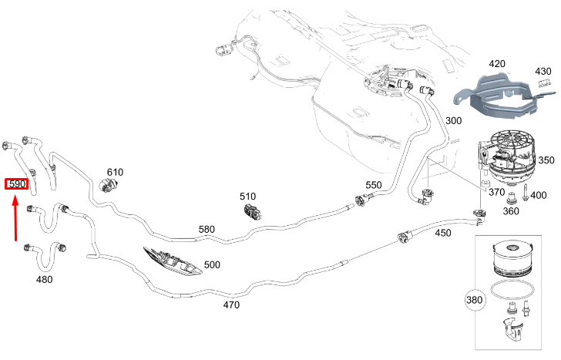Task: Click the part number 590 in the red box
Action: click(17, 184)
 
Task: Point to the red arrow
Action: click(15, 217)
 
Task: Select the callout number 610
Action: click(116, 172)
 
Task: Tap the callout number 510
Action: click(247, 197)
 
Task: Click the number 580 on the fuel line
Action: click(207, 229)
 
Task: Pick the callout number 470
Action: click(231, 305)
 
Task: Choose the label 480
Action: click(45, 279)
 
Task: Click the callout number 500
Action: click(212, 265)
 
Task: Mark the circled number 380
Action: click(475, 300)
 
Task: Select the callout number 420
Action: click(497, 64)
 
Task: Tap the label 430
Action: click(543, 71)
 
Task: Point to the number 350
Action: click(546, 160)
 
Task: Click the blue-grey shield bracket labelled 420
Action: click(501, 96)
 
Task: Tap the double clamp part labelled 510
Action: click(253, 212)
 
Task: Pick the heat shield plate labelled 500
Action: click(173, 261)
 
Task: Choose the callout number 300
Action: click(453, 120)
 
